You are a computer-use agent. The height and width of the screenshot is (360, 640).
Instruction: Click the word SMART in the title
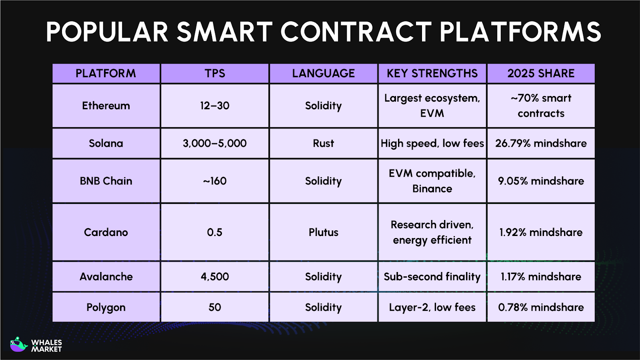(224, 32)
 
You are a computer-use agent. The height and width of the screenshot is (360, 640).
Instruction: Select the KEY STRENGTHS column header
(432, 73)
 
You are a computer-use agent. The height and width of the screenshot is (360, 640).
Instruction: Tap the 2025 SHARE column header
(541, 73)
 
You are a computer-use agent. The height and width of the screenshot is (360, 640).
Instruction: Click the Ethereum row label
(106, 106)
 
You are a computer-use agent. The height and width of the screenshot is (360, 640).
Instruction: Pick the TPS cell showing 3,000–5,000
(215, 143)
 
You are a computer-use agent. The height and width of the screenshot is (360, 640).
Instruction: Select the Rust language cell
(323, 143)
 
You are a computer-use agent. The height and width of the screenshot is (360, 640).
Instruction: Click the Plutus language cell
(323, 232)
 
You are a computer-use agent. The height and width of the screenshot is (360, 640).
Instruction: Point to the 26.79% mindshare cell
(541, 143)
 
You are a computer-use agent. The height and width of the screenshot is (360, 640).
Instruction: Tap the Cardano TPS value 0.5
(215, 232)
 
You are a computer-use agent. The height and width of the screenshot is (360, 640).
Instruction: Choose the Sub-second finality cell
(432, 276)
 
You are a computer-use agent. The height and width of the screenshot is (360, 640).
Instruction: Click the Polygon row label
(106, 307)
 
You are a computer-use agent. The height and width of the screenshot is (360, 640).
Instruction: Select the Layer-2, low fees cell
(432, 307)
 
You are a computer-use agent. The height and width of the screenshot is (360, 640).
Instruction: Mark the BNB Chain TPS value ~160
(215, 181)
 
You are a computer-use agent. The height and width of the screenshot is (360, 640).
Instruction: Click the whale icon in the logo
(18, 344)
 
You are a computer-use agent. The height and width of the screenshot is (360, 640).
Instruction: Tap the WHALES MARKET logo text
(46, 346)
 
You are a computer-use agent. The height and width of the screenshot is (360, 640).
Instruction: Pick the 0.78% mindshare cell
(541, 307)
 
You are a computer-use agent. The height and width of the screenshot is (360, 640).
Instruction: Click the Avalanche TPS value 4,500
(215, 276)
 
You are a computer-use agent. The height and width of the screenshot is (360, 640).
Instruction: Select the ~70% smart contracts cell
(541, 106)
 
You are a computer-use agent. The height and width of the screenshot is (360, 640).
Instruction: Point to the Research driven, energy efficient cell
(432, 232)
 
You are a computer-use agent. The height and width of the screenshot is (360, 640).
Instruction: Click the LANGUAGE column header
(323, 73)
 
